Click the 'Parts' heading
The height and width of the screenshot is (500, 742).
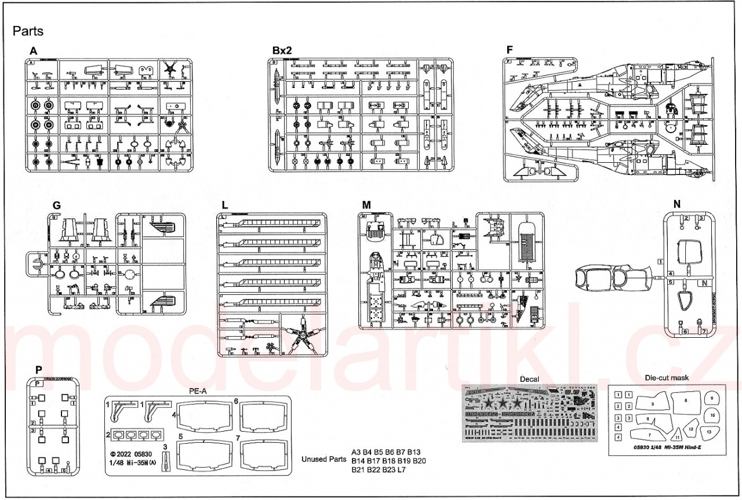coord(28,30)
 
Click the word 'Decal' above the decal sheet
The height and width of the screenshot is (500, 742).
coord(529,379)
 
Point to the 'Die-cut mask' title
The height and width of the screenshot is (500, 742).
coord(666,378)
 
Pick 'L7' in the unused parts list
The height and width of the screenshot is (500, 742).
coord(399,469)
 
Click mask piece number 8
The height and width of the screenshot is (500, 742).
coord(686,400)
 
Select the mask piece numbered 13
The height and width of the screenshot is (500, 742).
coord(708,432)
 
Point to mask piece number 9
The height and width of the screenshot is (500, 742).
coord(711,399)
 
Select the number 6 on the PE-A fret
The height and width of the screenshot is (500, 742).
coord(236,401)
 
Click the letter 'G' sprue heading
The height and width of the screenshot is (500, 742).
coord(56,205)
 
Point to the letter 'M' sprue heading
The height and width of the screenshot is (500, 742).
coord(365,205)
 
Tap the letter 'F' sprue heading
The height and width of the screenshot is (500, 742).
coord(509,50)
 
